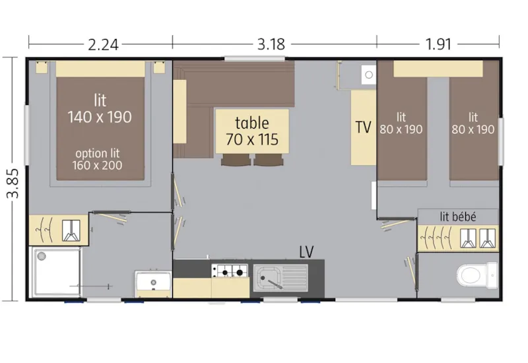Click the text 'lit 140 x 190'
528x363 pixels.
point(100,109)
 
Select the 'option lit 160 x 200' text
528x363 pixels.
point(99,158)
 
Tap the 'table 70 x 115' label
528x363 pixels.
point(252,131)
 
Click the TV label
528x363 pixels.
point(363,127)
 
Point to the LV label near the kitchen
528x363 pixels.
point(306,251)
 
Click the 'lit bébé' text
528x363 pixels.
point(458,216)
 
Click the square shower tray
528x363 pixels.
point(56,273)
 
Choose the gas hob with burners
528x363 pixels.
point(229,270)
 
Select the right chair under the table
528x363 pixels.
point(267,159)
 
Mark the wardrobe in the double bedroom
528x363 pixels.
point(58,229)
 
